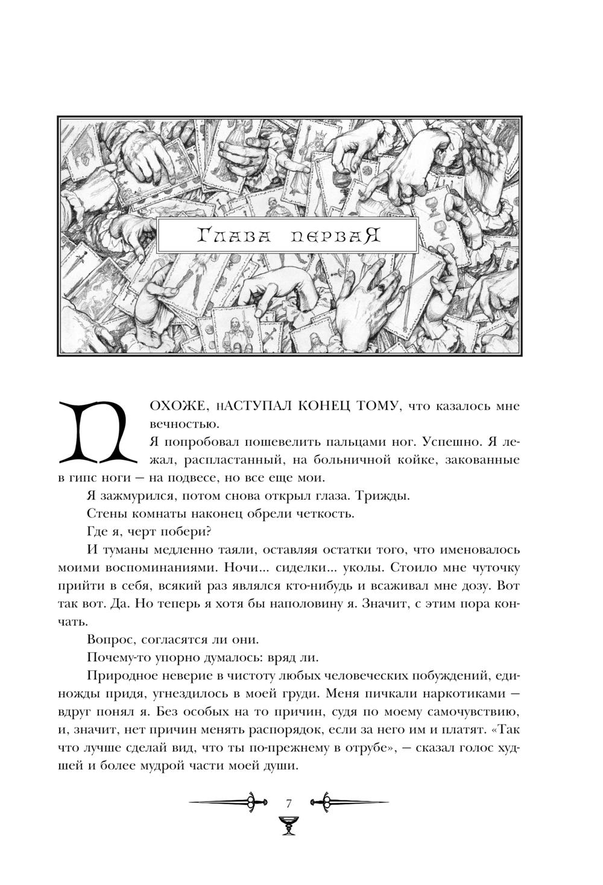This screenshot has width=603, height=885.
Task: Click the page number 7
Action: [x=289, y=803]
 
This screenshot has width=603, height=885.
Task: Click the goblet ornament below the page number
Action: [x=289, y=825]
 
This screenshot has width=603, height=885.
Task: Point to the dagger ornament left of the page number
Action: [x=229, y=802]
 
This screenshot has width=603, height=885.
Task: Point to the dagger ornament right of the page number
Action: [x=349, y=802]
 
